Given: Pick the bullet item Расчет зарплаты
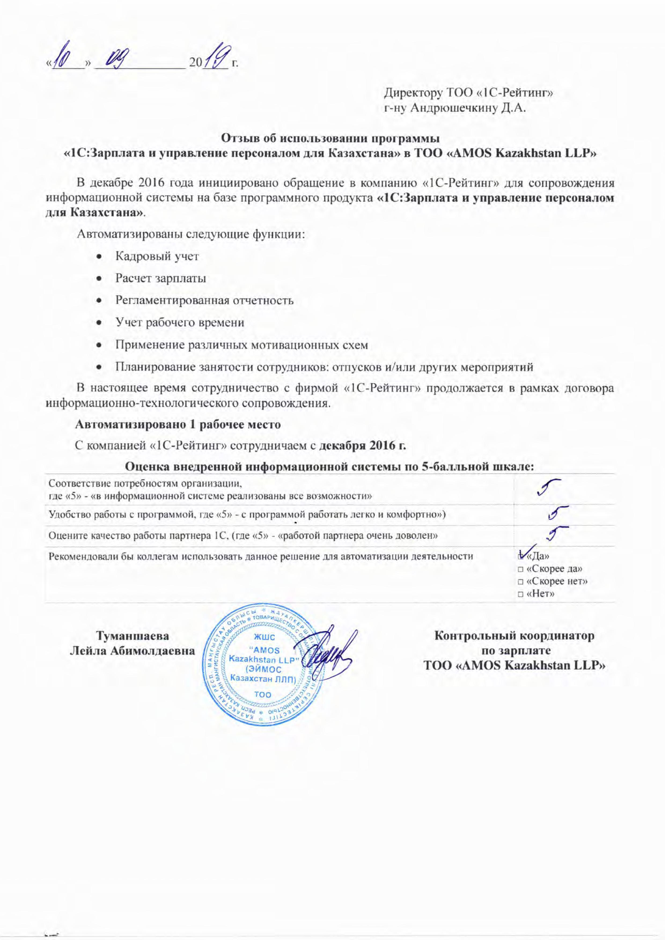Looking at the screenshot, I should tap(160, 278).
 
